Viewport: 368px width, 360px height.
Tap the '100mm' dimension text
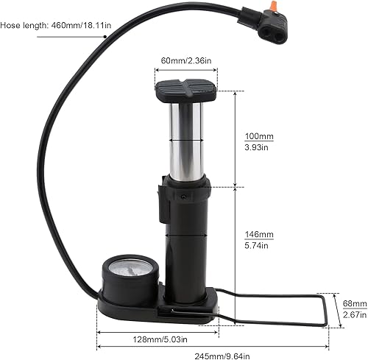(x=258, y=136)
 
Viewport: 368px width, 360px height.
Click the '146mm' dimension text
(x=258, y=234)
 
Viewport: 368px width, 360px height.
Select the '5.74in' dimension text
(x=258, y=245)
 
